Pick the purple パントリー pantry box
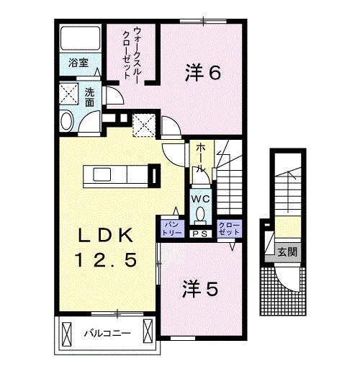pyautogui.click(x=171, y=228)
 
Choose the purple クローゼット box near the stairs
pyautogui.click(x=228, y=228)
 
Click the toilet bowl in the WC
pyautogui.click(x=199, y=213)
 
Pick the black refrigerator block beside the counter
pyautogui.click(x=153, y=175)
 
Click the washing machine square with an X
pyautogui.click(x=70, y=94)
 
